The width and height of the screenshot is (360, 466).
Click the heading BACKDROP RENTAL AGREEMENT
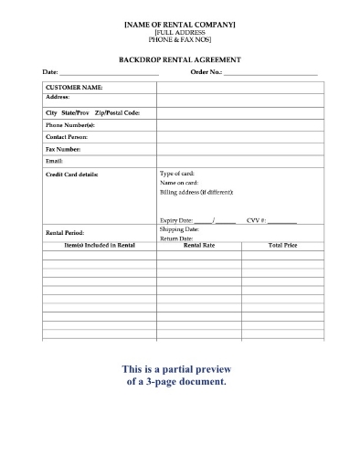tap(179, 58)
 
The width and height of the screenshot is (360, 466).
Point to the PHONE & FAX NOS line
tap(179, 40)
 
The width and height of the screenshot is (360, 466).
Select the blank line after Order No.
tap(270, 72)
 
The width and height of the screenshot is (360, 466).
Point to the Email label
tap(54, 160)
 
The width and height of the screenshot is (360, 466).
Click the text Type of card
tap(177, 173)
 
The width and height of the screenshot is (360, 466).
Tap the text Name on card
tap(178, 183)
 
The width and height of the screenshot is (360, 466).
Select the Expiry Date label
tap(176, 220)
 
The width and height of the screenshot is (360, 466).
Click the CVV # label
tap(256, 220)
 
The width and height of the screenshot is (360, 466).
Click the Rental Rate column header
tap(199, 245)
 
